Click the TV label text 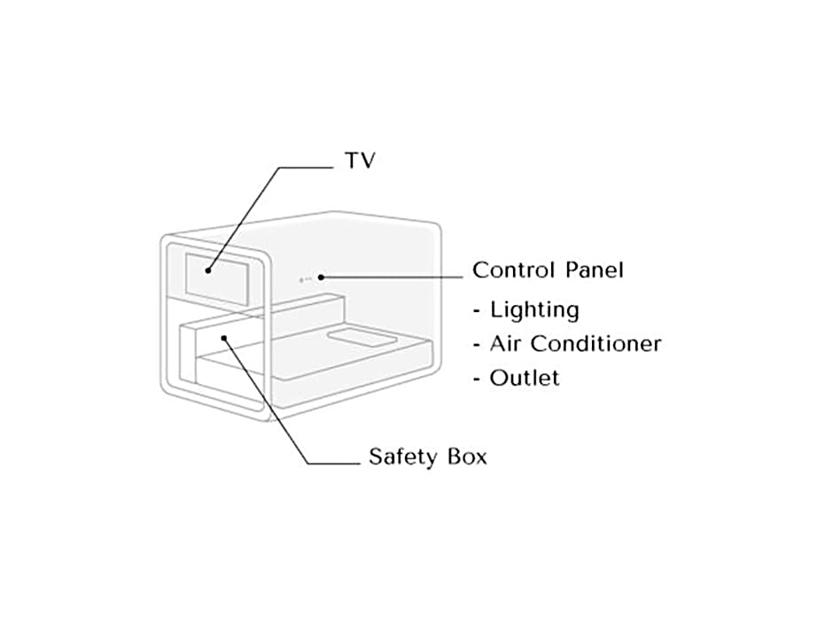tap(360, 161)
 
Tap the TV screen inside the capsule tap(219, 274)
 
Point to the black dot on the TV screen tap(209, 270)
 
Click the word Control tap(511, 270)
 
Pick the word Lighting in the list tap(534, 310)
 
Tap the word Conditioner tap(596, 343)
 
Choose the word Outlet tap(525, 378)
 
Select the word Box tap(467, 457)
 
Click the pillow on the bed tap(361, 339)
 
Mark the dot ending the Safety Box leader tap(225, 337)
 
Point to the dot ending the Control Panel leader tap(321, 277)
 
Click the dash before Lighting tap(479, 311)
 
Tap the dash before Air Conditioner tap(479, 344)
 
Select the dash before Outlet tap(479, 379)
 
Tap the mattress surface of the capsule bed tap(354, 363)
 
